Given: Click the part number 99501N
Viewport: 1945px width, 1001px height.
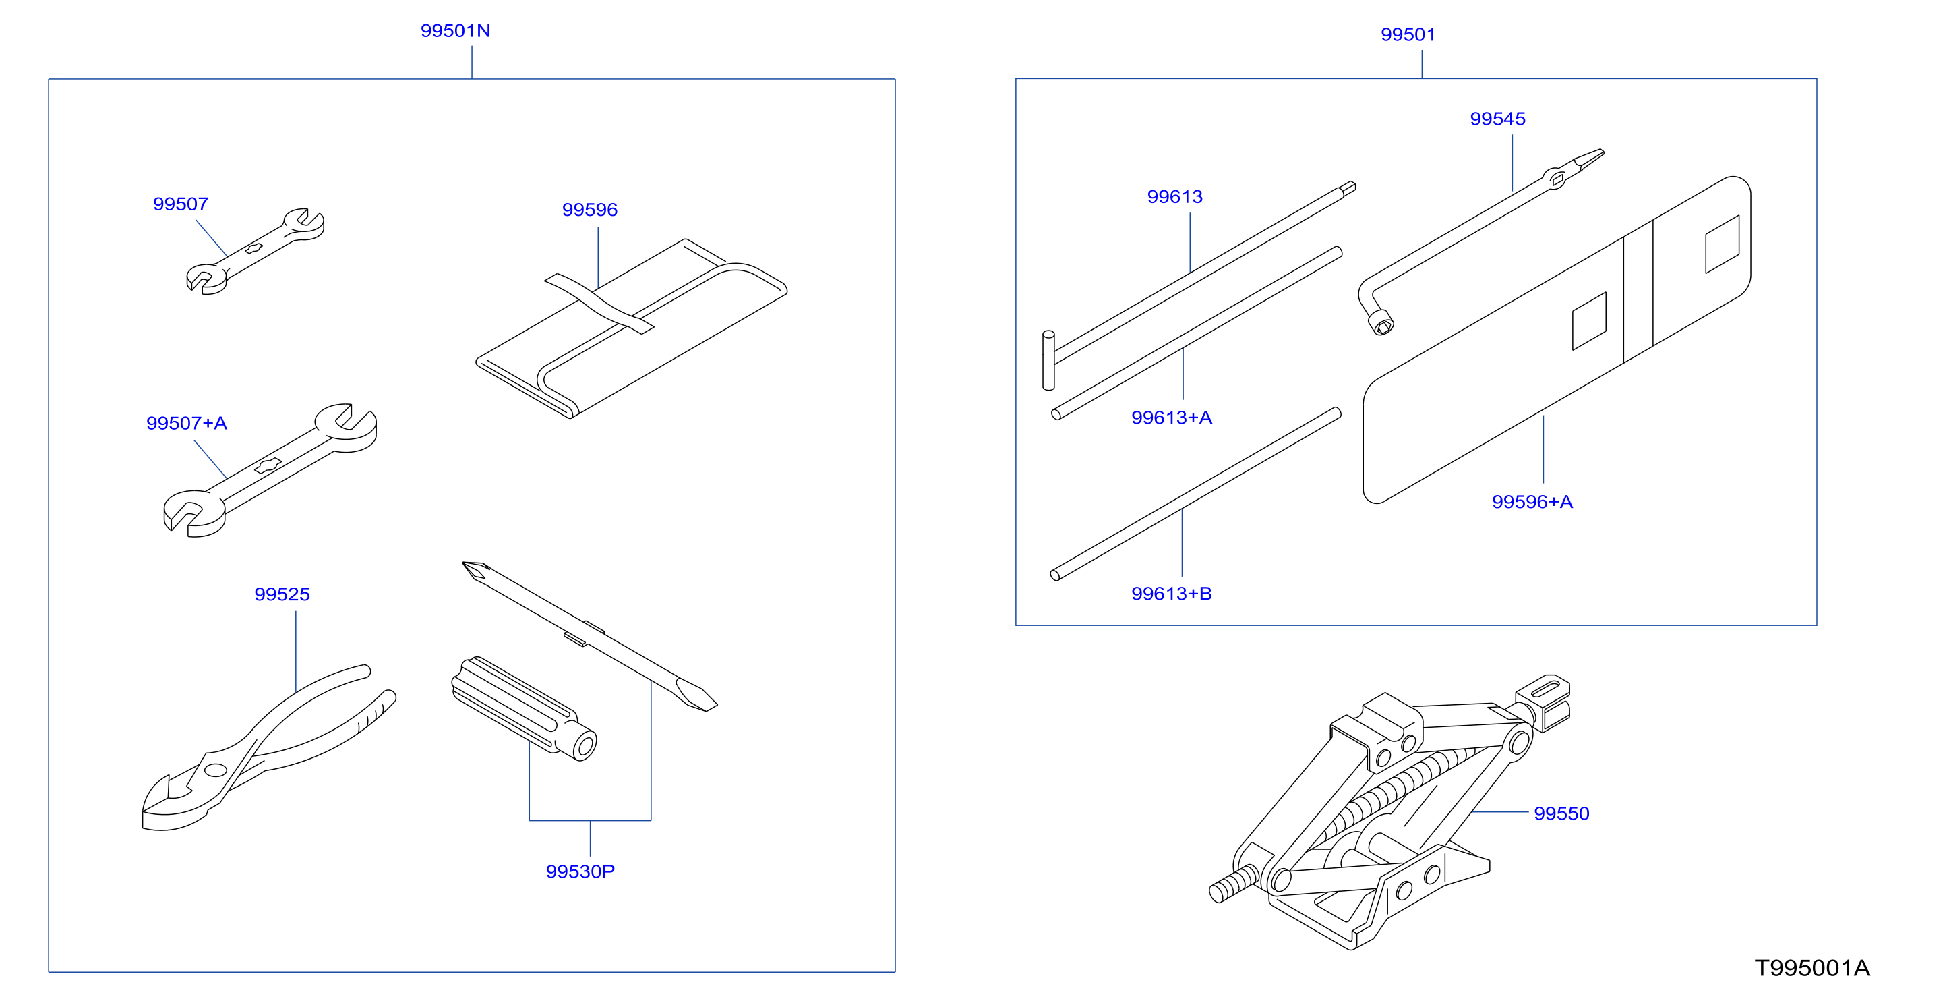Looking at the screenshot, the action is (455, 31).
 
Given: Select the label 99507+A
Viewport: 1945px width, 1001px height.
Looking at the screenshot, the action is (187, 423).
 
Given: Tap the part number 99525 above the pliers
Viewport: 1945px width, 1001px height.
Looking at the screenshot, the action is (282, 594).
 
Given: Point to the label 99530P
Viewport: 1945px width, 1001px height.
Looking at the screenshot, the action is (580, 871).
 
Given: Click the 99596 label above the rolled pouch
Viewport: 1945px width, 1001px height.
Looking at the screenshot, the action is (590, 210).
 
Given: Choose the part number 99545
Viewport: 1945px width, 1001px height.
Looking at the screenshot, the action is (1497, 119).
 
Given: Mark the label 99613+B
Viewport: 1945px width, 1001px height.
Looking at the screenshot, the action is (1171, 594).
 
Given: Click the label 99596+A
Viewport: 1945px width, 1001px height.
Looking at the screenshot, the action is (1532, 502).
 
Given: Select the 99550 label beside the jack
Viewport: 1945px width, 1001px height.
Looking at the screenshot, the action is (1561, 813).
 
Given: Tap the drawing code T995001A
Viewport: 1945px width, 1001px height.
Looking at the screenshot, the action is (1812, 968).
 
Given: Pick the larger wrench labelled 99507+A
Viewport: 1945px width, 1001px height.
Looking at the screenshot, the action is (270, 470).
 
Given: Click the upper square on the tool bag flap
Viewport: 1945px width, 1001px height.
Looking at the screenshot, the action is (1723, 244).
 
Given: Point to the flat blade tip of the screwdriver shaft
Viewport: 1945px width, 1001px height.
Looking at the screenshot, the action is (697, 696).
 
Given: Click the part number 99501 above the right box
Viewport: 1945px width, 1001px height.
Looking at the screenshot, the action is (1408, 35).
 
